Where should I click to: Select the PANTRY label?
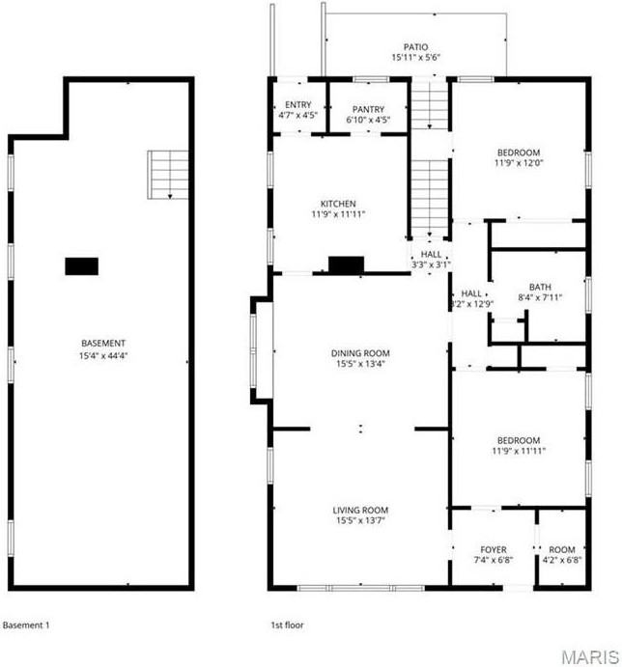click(367, 109)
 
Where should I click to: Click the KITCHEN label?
click(338, 204)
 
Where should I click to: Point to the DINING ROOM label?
click(359, 353)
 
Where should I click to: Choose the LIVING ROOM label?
click(360, 511)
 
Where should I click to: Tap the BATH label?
click(539, 287)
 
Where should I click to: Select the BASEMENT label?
click(103, 344)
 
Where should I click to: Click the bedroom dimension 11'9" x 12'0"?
click(519, 163)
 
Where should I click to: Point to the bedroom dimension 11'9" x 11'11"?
click(519, 451)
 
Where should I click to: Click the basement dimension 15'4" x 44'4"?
click(103, 355)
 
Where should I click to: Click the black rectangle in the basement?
click(82, 266)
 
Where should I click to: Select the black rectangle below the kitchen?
click(345, 265)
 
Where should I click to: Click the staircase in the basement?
click(165, 175)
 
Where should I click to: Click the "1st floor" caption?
click(288, 625)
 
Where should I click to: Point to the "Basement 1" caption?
click(26, 625)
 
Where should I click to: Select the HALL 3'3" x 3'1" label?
click(431, 259)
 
